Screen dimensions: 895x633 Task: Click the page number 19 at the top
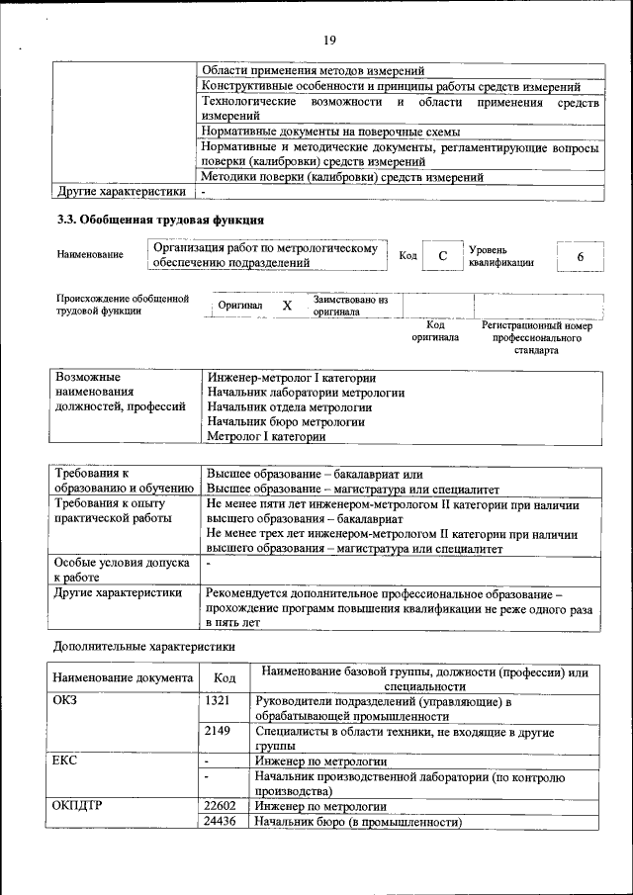pyautogui.click(x=329, y=40)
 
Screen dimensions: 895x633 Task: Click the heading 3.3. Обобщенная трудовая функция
pyautogui.click(x=159, y=220)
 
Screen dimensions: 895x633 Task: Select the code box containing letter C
pyautogui.click(x=443, y=256)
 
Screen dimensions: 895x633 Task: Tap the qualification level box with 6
pyautogui.click(x=580, y=256)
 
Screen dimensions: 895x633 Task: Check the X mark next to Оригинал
pyautogui.click(x=287, y=307)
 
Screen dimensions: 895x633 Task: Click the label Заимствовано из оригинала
pyautogui.click(x=350, y=306)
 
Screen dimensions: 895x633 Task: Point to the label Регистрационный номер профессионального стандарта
pyautogui.click(x=536, y=337)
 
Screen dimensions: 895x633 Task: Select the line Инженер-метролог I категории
pyautogui.click(x=291, y=378)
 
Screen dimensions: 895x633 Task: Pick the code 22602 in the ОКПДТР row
pyautogui.click(x=221, y=805)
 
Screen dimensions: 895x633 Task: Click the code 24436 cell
pyautogui.click(x=221, y=822)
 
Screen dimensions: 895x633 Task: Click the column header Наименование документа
pyautogui.click(x=123, y=678)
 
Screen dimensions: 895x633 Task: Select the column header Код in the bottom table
pyautogui.click(x=224, y=678)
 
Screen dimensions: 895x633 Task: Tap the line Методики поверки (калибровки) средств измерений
pyautogui.click(x=341, y=177)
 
